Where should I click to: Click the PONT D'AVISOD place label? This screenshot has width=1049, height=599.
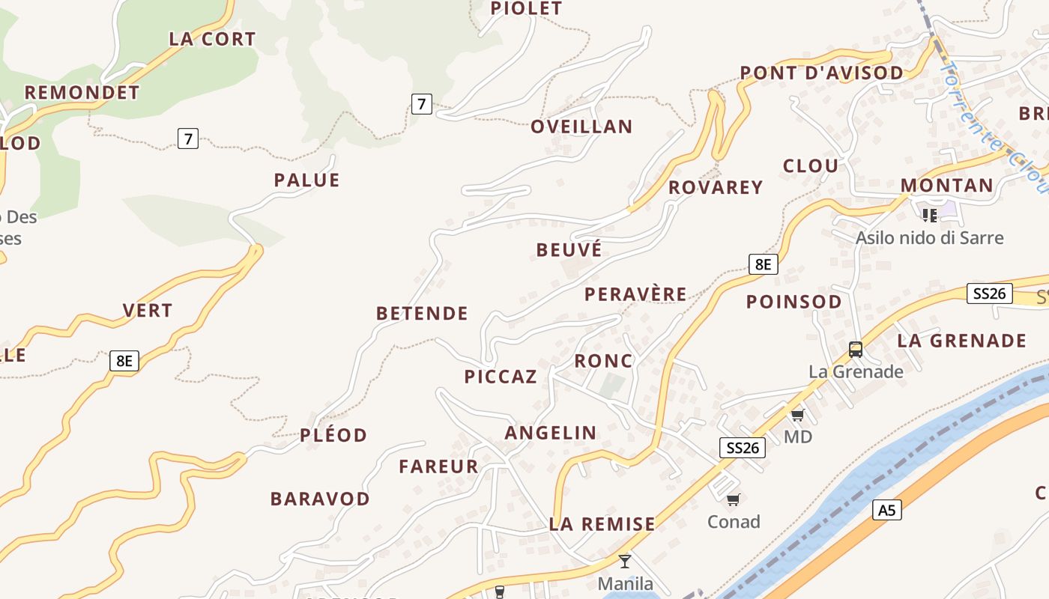click(821, 73)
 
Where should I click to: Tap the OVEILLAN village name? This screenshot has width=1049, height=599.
click(581, 127)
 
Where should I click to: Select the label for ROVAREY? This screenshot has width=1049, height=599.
click(715, 187)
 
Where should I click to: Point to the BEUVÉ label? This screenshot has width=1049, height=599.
click(569, 250)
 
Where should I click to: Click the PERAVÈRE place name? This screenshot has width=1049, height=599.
click(635, 294)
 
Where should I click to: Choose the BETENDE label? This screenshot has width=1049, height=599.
click(422, 313)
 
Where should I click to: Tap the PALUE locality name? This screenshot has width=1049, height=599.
click(306, 180)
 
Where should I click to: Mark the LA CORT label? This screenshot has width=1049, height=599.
click(212, 39)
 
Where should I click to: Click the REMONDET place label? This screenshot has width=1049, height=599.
click(82, 93)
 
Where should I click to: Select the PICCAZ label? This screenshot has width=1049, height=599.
click(501, 377)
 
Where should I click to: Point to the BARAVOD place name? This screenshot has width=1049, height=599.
click(320, 499)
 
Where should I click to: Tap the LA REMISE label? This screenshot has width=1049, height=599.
click(602, 524)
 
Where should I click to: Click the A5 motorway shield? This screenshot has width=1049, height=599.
click(886, 511)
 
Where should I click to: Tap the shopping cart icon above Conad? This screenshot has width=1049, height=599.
click(734, 499)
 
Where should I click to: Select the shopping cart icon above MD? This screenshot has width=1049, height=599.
click(797, 415)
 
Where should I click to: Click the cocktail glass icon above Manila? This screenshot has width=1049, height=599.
click(625, 561)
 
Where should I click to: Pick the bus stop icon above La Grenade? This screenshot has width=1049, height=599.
click(855, 349)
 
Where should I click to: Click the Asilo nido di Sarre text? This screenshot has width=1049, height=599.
click(929, 238)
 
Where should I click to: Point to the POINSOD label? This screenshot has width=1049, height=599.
click(793, 302)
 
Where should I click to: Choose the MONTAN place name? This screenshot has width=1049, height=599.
click(946, 186)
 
